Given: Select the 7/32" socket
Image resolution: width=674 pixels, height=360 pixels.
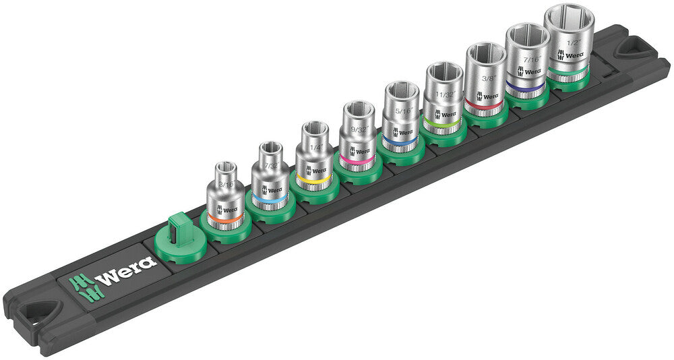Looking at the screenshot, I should (270, 178).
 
